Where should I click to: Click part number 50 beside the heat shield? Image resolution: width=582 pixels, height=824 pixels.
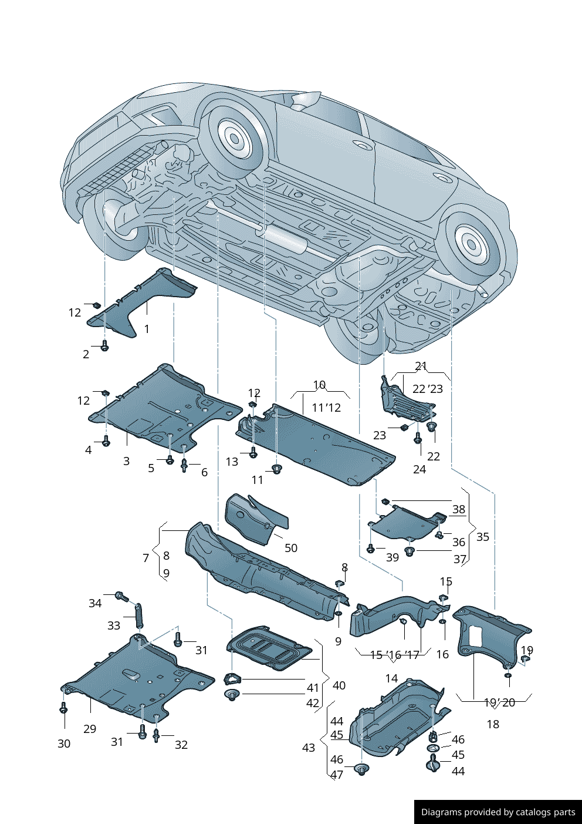pyautogui.click(x=291, y=548)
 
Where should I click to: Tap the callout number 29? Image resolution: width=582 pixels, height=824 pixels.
pyautogui.click(x=89, y=729)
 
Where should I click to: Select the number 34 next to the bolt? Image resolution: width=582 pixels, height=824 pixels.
pyautogui.click(x=95, y=603)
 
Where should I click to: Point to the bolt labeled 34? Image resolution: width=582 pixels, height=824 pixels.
pyautogui.click(x=121, y=597)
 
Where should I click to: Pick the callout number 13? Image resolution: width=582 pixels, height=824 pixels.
pyautogui.click(x=232, y=462)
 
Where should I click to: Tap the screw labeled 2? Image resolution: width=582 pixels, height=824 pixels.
pyautogui.click(x=105, y=346)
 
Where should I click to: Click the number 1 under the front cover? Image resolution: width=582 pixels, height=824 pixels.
pyautogui.click(x=147, y=329)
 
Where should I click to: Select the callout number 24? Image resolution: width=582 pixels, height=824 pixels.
pyautogui.click(x=419, y=469)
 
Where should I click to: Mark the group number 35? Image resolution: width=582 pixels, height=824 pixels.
pyautogui.click(x=482, y=537)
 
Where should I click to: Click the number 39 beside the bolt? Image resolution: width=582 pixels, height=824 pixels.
pyautogui.click(x=392, y=557)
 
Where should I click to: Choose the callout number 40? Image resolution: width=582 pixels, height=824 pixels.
pyautogui.click(x=339, y=685)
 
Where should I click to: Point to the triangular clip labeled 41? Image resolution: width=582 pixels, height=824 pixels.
pyautogui.click(x=233, y=679)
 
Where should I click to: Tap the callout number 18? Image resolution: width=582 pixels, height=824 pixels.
pyautogui.click(x=493, y=724)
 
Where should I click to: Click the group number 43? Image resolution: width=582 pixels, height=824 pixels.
pyautogui.click(x=309, y=748)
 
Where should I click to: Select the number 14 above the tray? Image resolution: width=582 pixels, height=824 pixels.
pyautogui.click(x=391, y=678)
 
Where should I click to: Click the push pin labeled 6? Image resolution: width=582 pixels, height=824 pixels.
pyautogui.click(x=184, y=466)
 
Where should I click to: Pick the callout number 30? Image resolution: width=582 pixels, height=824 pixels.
pyautogui.click(x=64, y=744)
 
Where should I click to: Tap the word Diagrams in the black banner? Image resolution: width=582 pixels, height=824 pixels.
pyautogui.click(x=441, y=812)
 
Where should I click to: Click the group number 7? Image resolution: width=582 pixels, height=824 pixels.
pyautogui.click(x=145, y=558)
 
